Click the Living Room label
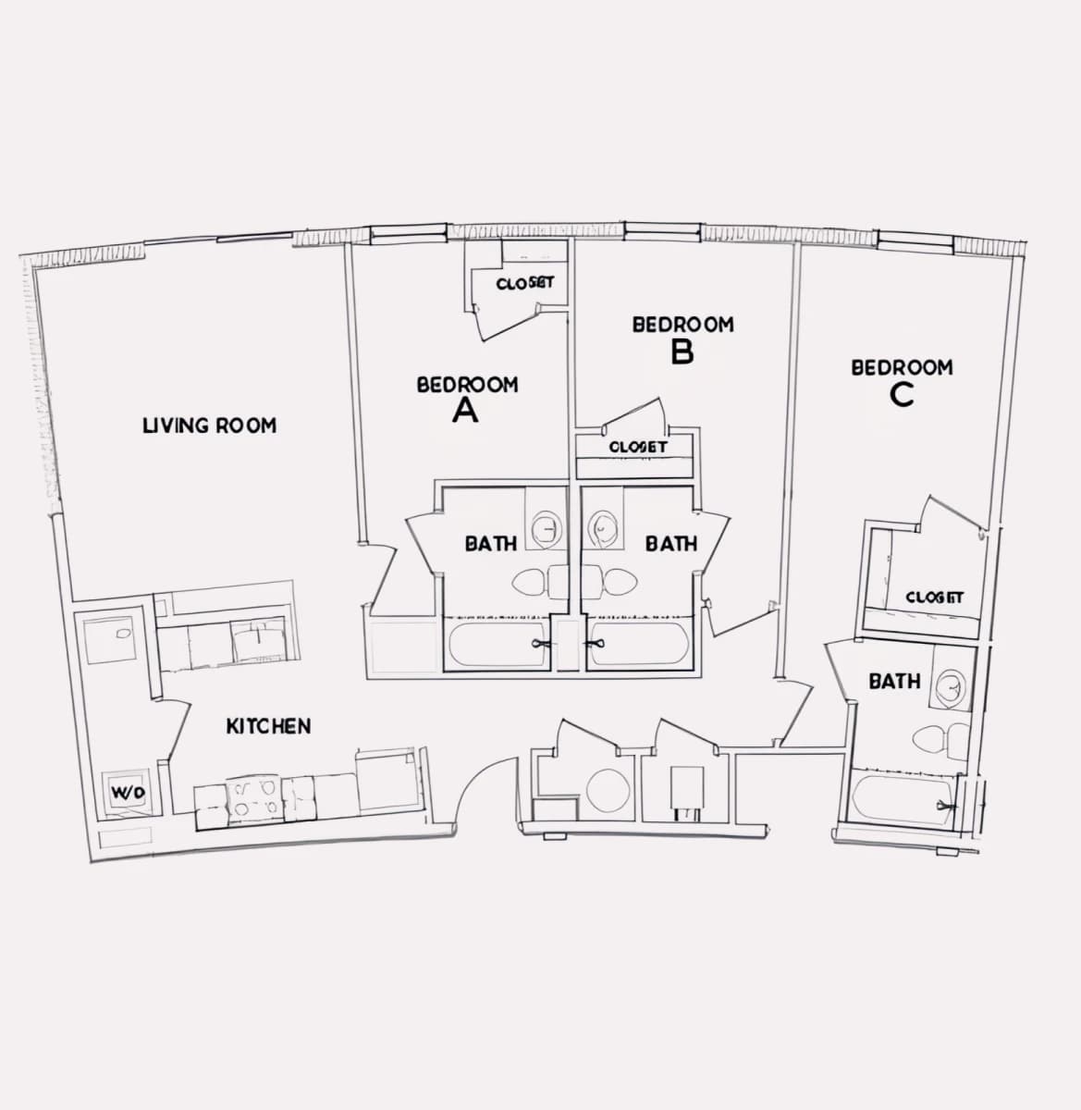click(209, 425)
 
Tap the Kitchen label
click(268, 726)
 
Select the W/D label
click(129, 793)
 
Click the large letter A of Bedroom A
click(465, 410)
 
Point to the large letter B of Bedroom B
click(682, 351)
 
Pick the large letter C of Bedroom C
click(902, 394)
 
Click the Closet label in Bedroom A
click(524, 283)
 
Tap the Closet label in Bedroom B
click(637, 447)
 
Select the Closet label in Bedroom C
click(934, 598)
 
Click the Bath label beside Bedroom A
click(491, 544)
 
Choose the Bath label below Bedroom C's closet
click(894, 681)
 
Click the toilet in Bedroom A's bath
click(539, 582)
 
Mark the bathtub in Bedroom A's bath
click(498, 645)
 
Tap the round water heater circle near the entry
click(608, 791)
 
